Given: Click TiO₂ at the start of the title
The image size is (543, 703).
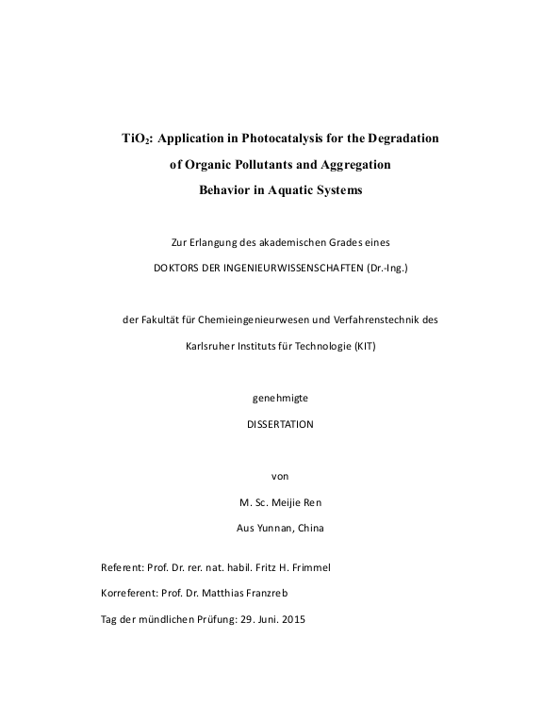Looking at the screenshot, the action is tap(137, 138).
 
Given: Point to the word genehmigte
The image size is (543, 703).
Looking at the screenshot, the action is tap(279, 398).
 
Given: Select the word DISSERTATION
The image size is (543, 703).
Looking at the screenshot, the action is tap(279, 424).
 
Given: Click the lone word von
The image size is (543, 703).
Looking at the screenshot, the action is tap(279, 476).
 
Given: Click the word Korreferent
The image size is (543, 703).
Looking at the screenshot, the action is tap(130, 595).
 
